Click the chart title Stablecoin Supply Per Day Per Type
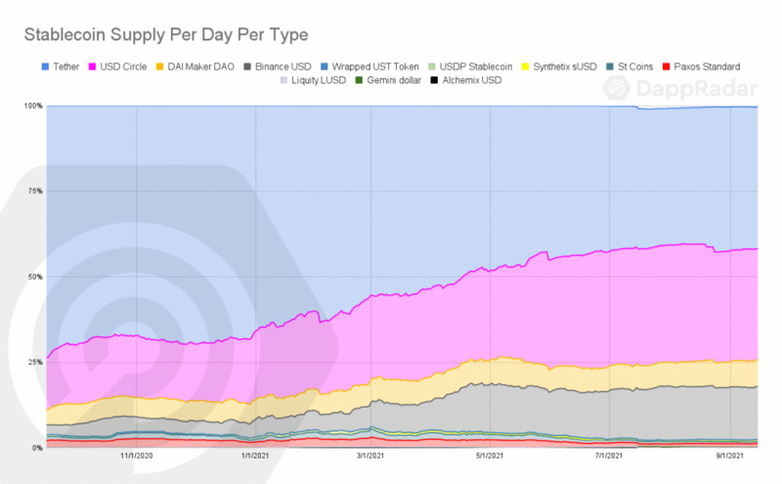click(165, 35)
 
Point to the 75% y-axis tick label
click(33, 191)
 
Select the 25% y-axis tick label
click(33, 362)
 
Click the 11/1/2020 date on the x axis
click(137, 456)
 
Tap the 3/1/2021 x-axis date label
click(374, 456)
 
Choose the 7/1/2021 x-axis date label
click(612, 456)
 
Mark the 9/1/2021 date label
click(731, 456)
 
